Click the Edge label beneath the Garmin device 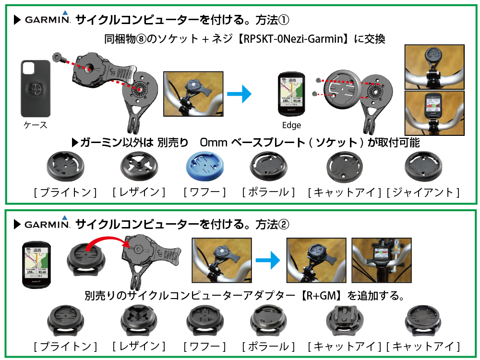pyautogui.click(x=291, y=125)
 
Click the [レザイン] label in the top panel pyautogui.click(x=139, y=192)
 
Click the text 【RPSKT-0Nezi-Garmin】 pyautogui.click(x=294, y=39)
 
